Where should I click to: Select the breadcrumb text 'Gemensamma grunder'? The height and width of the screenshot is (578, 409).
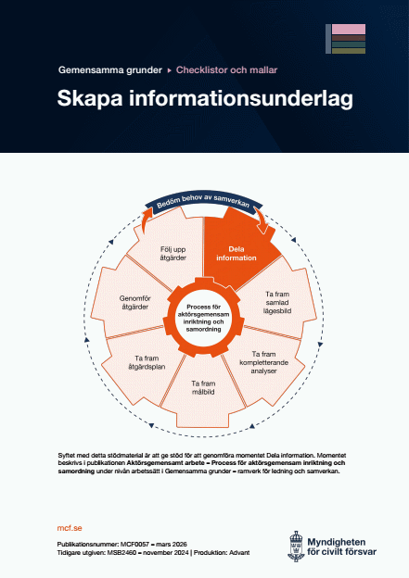[x=109, y=69]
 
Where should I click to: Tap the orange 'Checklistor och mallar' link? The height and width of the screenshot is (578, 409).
[x=228, y=69]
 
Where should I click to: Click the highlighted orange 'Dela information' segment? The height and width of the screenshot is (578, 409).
[x=240, y=253]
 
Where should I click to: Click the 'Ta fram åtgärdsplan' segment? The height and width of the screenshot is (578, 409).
[x=141, y=359]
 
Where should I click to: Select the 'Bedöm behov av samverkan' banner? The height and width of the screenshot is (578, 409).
[x=205, y=204]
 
